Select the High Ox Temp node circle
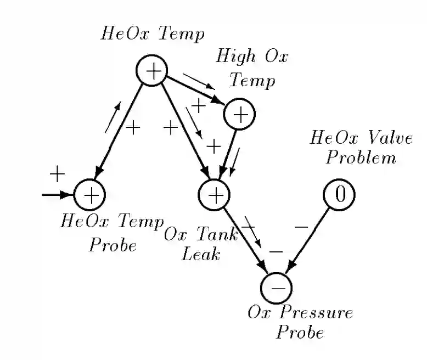click(x=239, y=114)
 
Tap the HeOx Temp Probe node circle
click(x=89, y=194)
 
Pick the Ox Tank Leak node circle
click(x=214, y=194)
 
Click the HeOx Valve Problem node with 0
click(x=339, y=194)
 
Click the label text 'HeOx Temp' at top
click(x=153, y=34)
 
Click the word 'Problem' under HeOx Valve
click(x=361, y=158)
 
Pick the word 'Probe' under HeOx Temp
click(x=113, y=245)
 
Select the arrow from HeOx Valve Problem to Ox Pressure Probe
click(x=311, y=239)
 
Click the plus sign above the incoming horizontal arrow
click(x=57, y=175)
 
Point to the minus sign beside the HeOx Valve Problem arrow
click(x=301, y=226)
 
